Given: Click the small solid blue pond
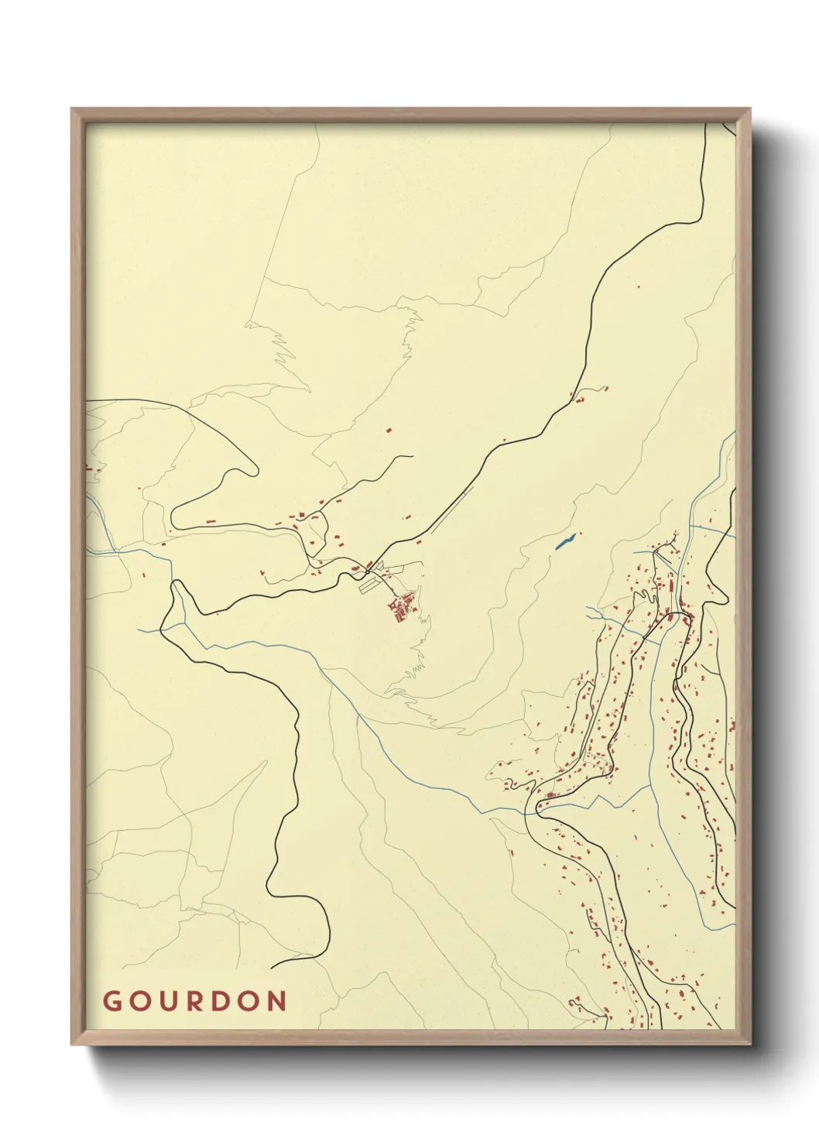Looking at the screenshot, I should [566, 540].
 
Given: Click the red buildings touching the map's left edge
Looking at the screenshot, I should [92, 468].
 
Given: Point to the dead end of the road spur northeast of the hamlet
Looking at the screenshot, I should [413, 456].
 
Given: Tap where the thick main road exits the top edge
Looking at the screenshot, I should [708, 125].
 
